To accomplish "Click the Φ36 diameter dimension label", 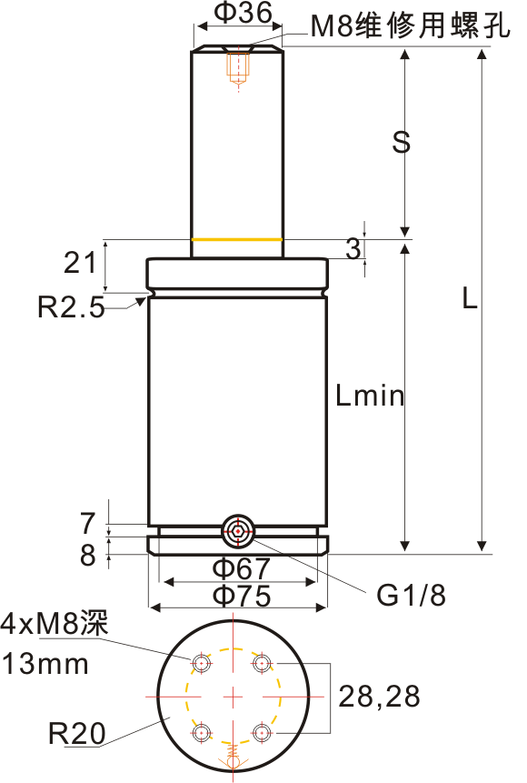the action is pyautogui.click(x=243, y=13).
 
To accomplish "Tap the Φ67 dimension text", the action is pyautogui.click(x=242, y=568).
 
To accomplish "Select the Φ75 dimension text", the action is pyautogui.click(x=242, y=596).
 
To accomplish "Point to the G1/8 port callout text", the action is pyautogui.click(x=411, y=595).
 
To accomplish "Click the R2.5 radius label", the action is pyautogui.click(x=72, y=306).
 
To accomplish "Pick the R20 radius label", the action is pyautogui.click(x=77, y=733).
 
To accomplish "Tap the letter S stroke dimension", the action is pyautogui.click(x=401, y=142).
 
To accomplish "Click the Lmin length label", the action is pyautogui.click(x=370, y=396).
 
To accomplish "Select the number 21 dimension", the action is pyautogui.click(x=80, y=262).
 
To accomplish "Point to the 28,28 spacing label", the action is pyautogui.click(x=379, y=697).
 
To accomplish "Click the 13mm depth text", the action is pyautogui.click(x=45, y=664).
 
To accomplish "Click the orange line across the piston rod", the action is pyautogui.click(x=237, y=239).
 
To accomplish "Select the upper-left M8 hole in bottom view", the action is pyautogui.click(x=202, y=663).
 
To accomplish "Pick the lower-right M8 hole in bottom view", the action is pyautogui.click(x=262, y=733).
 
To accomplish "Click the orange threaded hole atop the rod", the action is pyautogui.click(x=238, y=67).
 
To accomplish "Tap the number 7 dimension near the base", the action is pyautogui.click(x=87, y=523).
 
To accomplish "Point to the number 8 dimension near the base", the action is pyautogui.click(x=88, y=555).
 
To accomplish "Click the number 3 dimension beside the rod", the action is pyautogui.click(x=353, y=248).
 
